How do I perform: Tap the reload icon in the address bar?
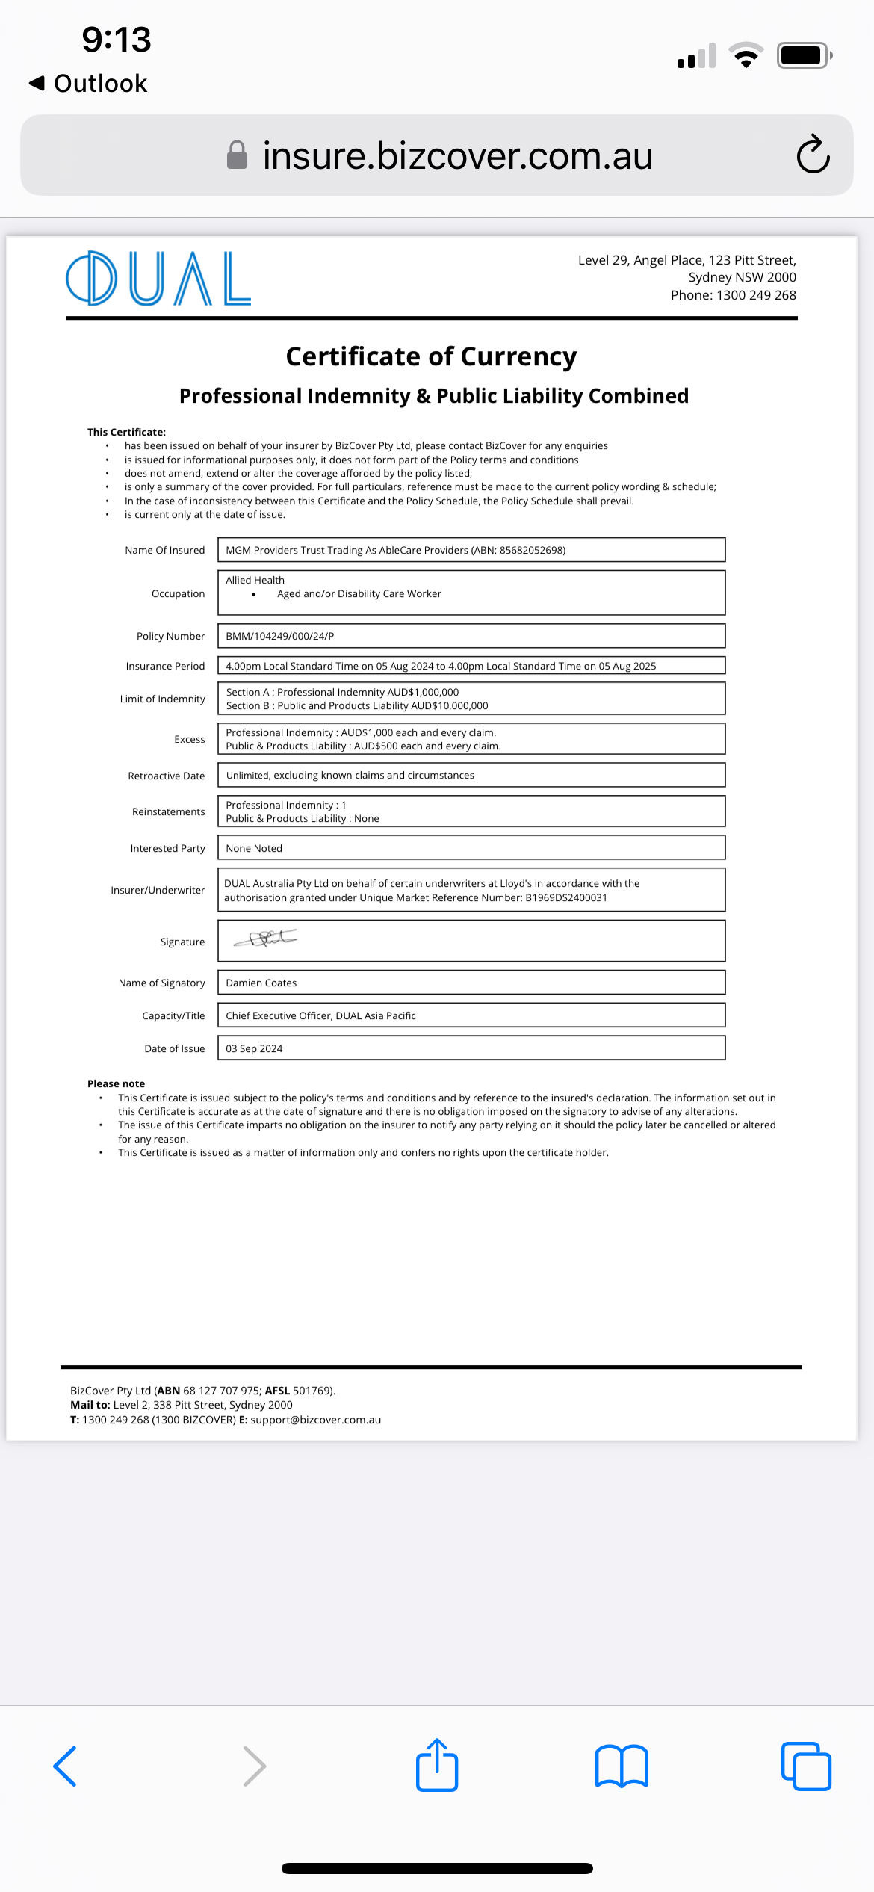[813, 155]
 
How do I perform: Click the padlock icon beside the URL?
[237, 155]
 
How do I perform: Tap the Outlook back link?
[88, 84]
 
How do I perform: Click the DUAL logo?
[158, 278]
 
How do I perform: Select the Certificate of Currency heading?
[431, 356]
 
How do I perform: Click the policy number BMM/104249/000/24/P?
[280, 636]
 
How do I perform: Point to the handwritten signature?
[266, 939]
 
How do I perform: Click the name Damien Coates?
[261, 983]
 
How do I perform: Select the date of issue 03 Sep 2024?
[254, 1048]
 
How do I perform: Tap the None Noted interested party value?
[254, 848]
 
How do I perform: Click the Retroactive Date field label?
[166, 776]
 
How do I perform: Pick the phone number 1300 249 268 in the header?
[755, 295]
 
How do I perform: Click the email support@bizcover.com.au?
[315, 1420]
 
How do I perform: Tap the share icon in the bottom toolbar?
[437, 1765]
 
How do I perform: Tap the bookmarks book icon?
[622, 1766]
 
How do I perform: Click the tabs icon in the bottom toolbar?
[806, 1766]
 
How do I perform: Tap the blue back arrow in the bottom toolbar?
[66, 1766]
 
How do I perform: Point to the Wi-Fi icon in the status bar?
[746, 55]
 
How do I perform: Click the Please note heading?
[116, 1083]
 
